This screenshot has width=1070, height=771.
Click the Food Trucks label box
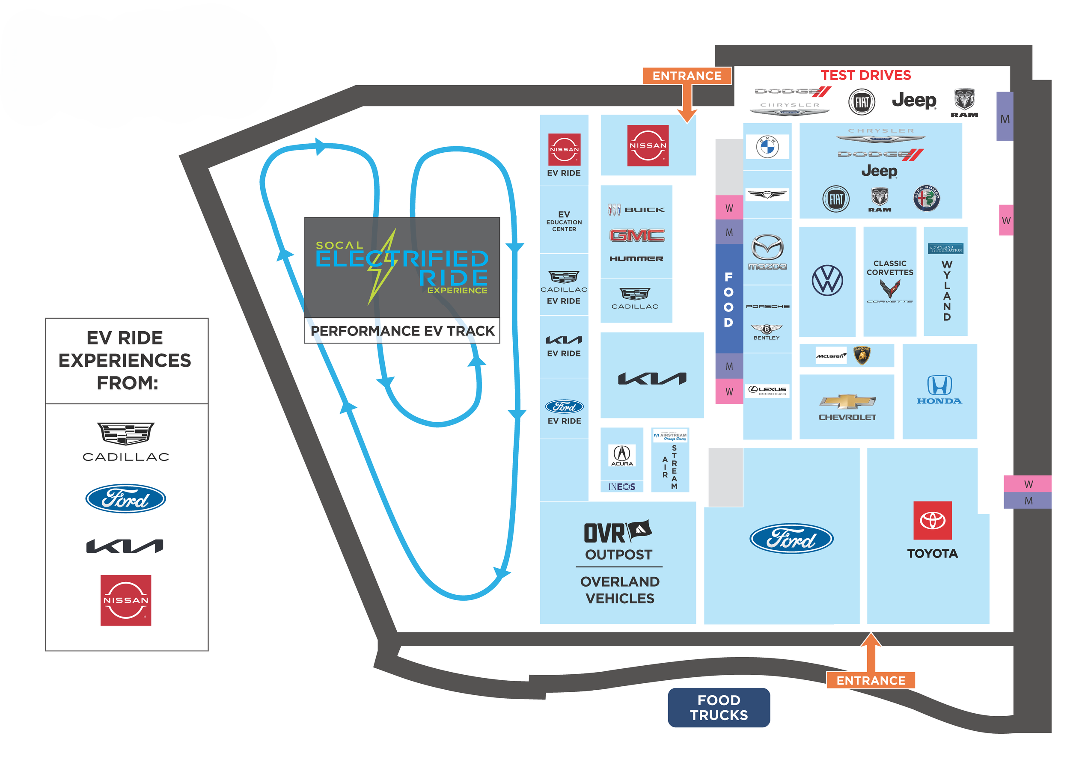click(x=719, y=707)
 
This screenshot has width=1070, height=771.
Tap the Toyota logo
click(x=932, y=520)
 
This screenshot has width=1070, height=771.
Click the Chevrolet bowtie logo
click(x=847, y=401)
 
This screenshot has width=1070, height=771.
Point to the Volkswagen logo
click(x=827, y=281)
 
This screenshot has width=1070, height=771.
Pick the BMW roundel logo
click(x=767, y=147)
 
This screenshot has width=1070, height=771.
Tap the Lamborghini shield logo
click(x=862, y=356)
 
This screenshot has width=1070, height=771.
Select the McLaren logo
click(x=831, y=356)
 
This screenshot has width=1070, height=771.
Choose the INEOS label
click(x=622, y=486)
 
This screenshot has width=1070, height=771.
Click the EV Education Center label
click(x=564, y=221)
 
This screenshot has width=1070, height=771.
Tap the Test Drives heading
click(x=866, y=75)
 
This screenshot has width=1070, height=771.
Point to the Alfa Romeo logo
click(x=926, y=198)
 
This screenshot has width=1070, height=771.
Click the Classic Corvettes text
click(x=890, y=268)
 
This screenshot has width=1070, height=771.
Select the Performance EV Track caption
click(x=402, y=331)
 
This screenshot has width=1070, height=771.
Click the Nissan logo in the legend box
click(x=125, y=600)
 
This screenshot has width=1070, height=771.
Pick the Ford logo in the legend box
click(x=125, y=498)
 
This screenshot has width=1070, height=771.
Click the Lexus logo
click(x=767, y=390)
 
